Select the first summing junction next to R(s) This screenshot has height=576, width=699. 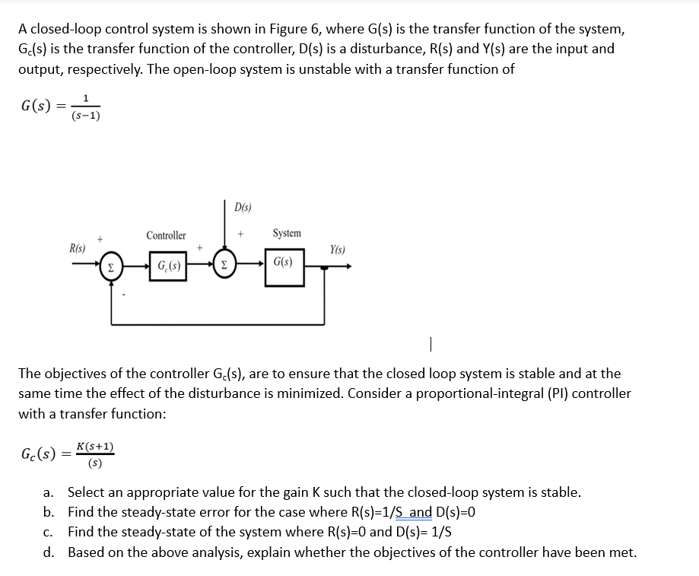pyautogui.click(x=111, y=266)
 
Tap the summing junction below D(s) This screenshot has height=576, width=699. pyautogui.click(x=226, y=266)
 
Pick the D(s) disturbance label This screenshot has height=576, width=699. pyautogui.click(x=243, y=207)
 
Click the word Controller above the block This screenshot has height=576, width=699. pyautogui.click(x=166, y=236)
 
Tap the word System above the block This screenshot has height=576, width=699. pyautogui.click(x=286, y=233)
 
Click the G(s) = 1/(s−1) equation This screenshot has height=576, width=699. pyautogui.click(x=61, y=106)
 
